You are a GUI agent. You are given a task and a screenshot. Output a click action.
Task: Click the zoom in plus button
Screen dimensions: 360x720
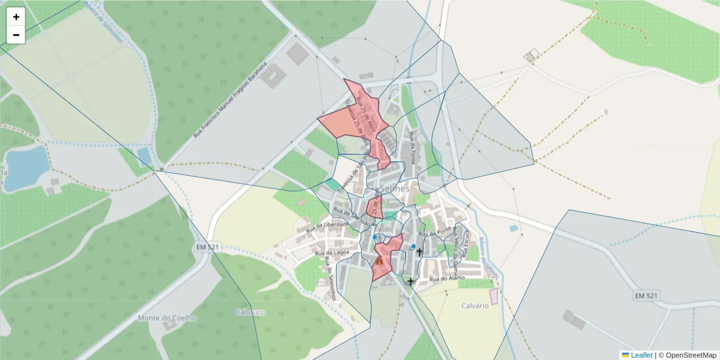(16, 17)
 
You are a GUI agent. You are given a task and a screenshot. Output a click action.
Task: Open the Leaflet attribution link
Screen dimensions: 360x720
(641, 355)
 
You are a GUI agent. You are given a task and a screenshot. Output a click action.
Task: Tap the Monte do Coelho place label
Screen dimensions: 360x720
(167, 318)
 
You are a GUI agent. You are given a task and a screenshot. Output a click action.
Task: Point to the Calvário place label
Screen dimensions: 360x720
(475, 305)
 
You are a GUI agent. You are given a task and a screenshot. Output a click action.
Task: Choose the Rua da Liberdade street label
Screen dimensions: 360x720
(327, 227)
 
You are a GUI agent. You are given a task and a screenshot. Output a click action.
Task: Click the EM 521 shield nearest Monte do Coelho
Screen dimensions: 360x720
(208, 247)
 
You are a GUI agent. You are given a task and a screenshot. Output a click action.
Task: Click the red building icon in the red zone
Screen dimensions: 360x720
(380, 260)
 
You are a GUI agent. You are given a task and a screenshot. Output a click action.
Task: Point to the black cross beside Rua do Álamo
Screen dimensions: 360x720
(410, 281)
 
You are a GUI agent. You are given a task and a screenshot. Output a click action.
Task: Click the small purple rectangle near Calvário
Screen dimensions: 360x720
(494, 296)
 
